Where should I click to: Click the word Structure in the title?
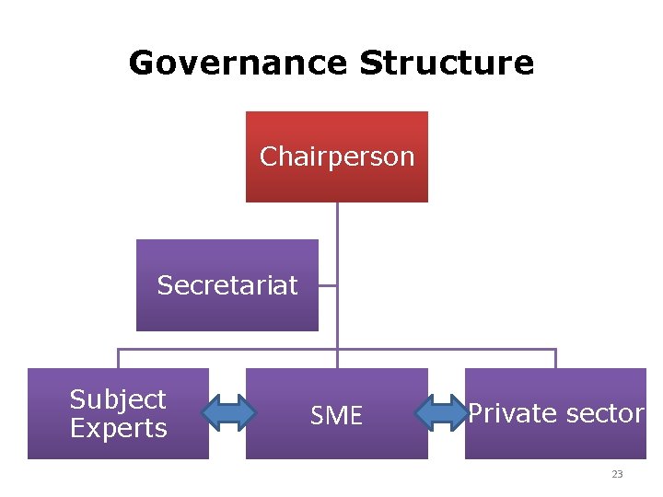coord(447,64)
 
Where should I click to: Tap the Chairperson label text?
coord(337,157)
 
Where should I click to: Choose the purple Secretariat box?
coord(227,308)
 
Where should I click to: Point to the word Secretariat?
coord(227,285)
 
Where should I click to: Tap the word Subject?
coord(118,399)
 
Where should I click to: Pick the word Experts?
coord(118,429)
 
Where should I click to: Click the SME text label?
coord(337,417)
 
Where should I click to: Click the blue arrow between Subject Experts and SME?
coord(227,413)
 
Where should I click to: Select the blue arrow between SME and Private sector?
coord(446,413)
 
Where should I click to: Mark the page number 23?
coord(617,475)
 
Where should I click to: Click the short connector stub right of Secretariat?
coord(328,285)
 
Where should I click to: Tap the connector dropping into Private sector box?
coord(555,359)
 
